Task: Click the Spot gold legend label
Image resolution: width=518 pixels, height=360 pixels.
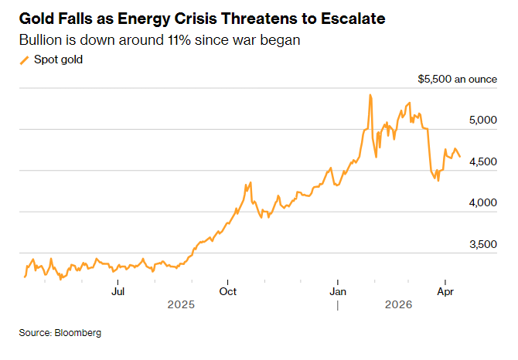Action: click(x=56, y=60)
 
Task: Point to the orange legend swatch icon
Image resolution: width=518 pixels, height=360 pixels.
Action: click(x=24, y=60)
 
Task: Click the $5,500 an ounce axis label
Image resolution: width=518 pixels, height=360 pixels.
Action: click(x=452, y=80)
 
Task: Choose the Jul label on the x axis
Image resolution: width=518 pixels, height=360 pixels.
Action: click(x=118, y=291)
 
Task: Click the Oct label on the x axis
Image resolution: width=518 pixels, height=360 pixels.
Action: click(x=228, y=291)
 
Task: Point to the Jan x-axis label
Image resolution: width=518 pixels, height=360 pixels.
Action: click(x=338, y=291)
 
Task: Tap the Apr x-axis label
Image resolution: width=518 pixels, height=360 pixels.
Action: click(x=445, y=291)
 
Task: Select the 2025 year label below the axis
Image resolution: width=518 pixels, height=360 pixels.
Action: click(x=181, y=306)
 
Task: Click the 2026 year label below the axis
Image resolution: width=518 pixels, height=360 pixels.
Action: click(x=399, y=306)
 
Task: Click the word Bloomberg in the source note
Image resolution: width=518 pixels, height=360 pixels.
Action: click(x=78, y=333)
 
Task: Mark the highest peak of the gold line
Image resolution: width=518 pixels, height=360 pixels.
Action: click(x=370, y=95)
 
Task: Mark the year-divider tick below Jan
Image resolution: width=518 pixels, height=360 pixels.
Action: click(x=338, y=306)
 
